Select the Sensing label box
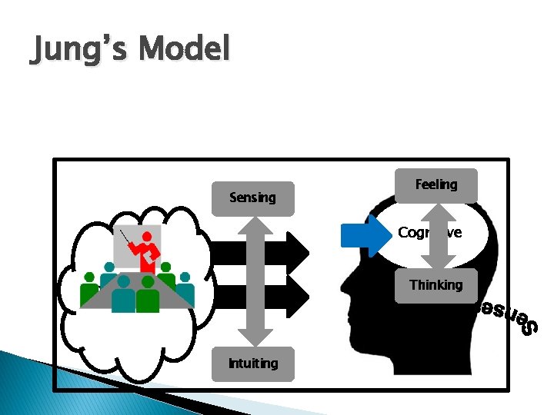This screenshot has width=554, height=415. pyautogui.click(x=252, y=198)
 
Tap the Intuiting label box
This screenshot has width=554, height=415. pyautogui.click(x=253, y=364)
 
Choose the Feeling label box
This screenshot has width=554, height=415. pyautogui.click(x=436, y=185)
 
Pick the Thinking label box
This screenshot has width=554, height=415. pyautogui.click(x=436, y=285)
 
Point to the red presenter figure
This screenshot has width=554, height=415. pyautogui.click(x=146, y=249)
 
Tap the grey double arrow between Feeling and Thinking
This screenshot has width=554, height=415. pyautogui.click(x=436, y=234)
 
